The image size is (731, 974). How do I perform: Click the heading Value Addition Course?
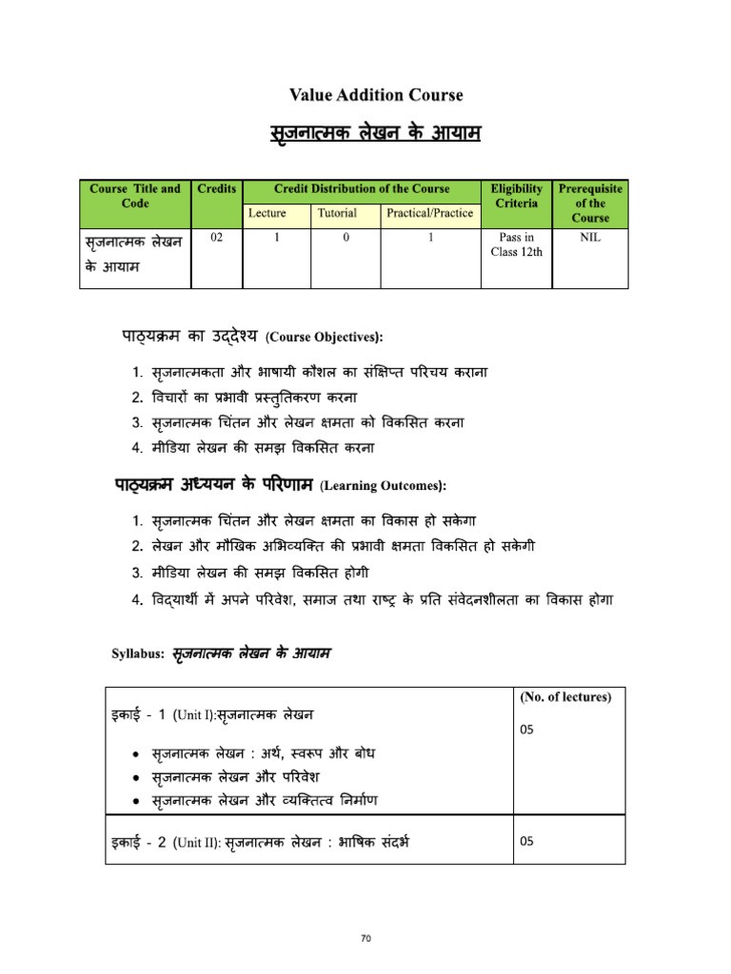coord(376,95)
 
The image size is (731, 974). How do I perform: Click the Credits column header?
coord(217,188)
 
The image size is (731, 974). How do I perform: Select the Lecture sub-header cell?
coord(267,213)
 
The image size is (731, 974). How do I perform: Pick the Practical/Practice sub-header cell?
coord(429,213)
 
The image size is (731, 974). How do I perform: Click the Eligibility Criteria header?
coord(517,196)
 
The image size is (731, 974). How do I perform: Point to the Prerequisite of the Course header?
coord(590,203)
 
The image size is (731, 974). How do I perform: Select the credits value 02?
coord(217,238)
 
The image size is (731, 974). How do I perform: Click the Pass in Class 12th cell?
coord(517,244)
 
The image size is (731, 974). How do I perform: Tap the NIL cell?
coord(590,238)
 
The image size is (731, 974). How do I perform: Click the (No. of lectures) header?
coord(566,697)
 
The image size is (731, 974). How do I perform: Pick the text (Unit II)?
coord(197,843)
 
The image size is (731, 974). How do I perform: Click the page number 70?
coord(365,939)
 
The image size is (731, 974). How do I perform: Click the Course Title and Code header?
coord(135,196)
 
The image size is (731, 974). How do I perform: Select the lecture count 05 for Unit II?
coord(527,841)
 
